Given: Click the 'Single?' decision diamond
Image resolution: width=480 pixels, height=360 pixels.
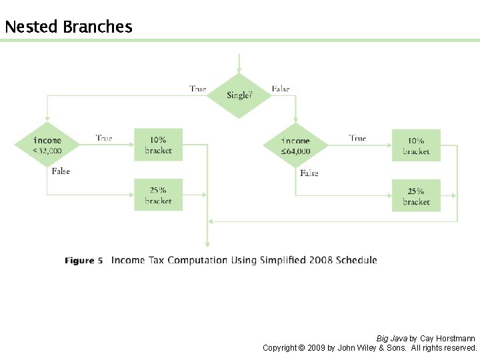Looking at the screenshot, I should [239, 95].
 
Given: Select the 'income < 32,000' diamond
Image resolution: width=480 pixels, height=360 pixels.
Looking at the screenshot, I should [47, 145].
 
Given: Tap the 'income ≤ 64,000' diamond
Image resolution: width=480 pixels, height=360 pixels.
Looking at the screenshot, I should [295, 145].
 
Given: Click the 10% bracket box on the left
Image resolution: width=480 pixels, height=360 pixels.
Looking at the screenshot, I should [158, 145].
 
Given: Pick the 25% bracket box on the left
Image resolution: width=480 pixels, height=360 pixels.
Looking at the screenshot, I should [158, 195].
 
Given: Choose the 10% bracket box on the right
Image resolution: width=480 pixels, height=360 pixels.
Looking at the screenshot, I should [416, 145].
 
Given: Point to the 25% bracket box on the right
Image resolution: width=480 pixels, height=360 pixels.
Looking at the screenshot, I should [416, 196].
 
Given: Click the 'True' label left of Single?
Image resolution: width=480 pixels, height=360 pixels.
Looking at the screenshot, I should [197, 89].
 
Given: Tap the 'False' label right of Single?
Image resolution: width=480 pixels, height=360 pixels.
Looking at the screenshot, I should [281, 89].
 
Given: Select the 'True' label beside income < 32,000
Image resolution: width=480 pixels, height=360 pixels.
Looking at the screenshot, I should [104, 138].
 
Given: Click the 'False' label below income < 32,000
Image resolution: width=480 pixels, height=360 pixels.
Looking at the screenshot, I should [61, 171].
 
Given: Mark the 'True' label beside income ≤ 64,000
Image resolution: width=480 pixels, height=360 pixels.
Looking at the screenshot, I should [357, 138].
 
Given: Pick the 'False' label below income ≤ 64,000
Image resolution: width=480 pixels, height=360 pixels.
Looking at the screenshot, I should [309, 173].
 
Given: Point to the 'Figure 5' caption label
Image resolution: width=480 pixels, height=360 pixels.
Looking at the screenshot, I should [84, 261].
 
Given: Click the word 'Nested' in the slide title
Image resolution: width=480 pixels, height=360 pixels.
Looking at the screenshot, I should [31, 27].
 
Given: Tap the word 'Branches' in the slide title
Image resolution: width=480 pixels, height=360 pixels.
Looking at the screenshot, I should [97, 27].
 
